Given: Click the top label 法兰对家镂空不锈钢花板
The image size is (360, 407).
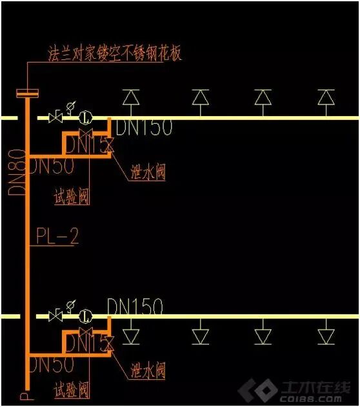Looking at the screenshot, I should click(x=115, y=53).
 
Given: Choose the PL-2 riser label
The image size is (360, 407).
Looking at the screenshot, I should click(x=56, y=237).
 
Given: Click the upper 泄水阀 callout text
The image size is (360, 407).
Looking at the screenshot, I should click(x=148, y=172).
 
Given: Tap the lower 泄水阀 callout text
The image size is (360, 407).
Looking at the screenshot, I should click(x=148, y=370).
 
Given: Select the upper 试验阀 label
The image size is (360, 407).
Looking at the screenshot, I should click(x=71, y=196).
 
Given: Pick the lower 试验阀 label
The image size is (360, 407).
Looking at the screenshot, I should click(x=71, y=390).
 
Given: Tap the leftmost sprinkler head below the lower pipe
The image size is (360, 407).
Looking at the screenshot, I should click(x=131, y=336).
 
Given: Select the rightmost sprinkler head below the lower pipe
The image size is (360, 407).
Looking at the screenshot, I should click(x=326, y=336).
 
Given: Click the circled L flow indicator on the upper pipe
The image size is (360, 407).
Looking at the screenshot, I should click(x=85, y=118).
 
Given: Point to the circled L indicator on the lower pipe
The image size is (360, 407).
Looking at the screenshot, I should click(x=85, y=316).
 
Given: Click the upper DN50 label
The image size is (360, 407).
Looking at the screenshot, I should click(x=52, y=166).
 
